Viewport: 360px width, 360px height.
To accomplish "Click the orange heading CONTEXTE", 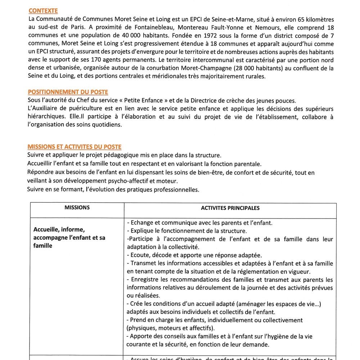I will [43, 11].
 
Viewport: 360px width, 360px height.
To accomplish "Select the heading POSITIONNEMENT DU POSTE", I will [68, 92].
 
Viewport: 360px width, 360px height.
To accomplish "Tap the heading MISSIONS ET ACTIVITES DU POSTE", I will [74, 147].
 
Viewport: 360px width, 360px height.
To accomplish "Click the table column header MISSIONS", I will [77, 208].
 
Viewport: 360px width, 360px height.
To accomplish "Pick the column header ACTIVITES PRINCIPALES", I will [230, 208].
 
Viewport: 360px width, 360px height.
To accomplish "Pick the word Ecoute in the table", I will [141, 255].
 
